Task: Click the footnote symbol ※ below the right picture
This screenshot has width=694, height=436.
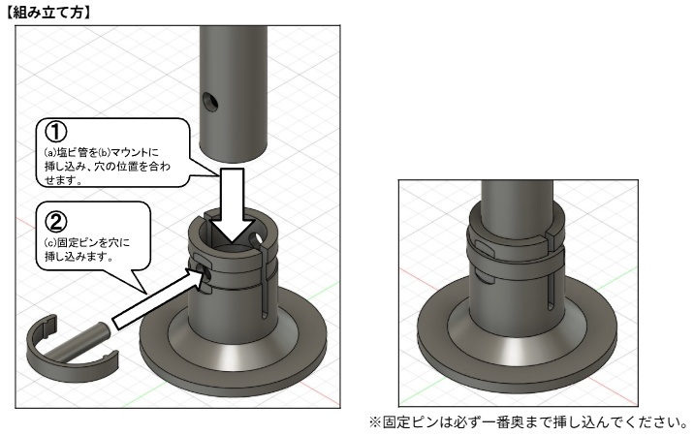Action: click(x=407, y=423)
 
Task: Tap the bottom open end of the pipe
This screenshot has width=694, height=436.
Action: click(x=233, y=155)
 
